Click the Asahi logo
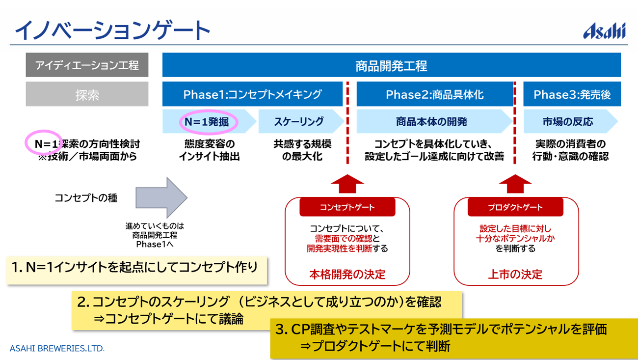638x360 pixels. [604, 30]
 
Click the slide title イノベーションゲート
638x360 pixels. [112, 30]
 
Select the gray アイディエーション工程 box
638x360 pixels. [87, 65]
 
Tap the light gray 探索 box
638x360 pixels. [87, 95]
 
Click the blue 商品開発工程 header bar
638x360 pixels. [391, 65]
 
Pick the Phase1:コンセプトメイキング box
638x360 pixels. [252, 95]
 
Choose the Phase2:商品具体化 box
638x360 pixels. [434, 95]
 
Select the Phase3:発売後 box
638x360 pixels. [572, 95]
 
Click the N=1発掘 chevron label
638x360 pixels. [207, 122]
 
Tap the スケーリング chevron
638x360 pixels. [298, 122]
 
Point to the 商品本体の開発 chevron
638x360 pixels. [431, 122]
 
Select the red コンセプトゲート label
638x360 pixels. [347, 207]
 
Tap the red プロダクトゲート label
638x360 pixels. [515, 207]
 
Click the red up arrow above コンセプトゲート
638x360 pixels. [347, 184]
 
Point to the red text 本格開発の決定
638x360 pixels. [347, 274]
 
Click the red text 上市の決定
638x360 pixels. [515, 274]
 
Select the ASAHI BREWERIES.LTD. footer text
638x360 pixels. [57, 348]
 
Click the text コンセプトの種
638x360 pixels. [86, 198]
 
